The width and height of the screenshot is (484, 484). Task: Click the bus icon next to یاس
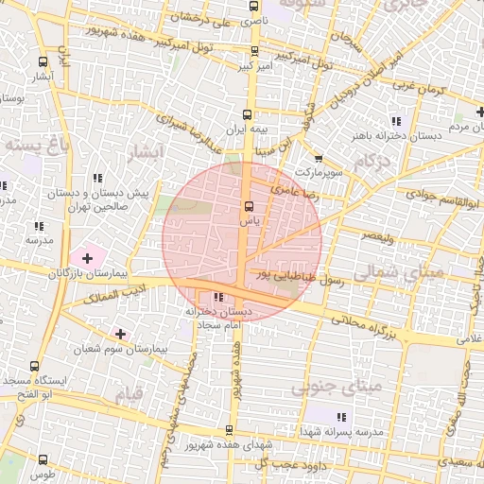coord(249,206)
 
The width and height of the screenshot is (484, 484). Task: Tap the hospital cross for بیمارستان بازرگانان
coord(87,256)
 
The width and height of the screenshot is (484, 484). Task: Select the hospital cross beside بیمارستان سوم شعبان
coord(120,334)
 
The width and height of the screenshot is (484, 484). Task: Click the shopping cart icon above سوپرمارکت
coord(319,159)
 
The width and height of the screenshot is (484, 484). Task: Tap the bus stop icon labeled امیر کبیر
coord(253,53)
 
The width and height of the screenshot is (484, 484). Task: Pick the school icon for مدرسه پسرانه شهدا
coord(341,416)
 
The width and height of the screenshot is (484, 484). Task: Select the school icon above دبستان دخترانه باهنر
coord(395,121)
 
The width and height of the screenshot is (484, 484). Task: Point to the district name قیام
coord(129,390)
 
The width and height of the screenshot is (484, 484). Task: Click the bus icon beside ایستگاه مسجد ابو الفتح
coord(34,367)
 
